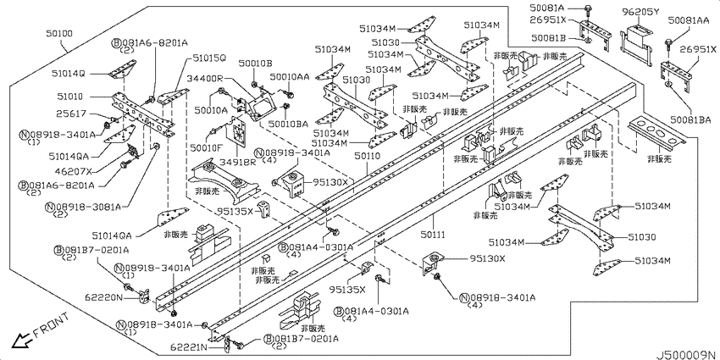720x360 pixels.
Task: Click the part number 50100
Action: click(58, 34)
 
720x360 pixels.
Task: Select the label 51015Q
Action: click(209, 58)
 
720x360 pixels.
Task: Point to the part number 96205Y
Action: click(640, 12)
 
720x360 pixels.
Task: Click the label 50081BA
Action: click(690, 119)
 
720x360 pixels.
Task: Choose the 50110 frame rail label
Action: click(368, 157)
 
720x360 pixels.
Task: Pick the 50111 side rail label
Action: click(433, 235)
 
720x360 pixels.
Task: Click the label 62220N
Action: click(104, 297)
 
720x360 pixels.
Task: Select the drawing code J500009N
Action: click(685, 355)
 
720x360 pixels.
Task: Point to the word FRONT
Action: click(51, 324)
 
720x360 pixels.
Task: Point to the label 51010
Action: click(70, 97)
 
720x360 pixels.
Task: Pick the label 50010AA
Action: click(290, 77)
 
